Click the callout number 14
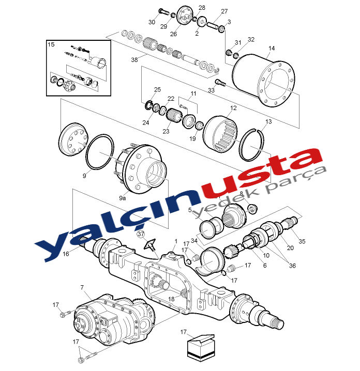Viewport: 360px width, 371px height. [272, 48]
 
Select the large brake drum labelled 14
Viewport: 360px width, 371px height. [264, 80]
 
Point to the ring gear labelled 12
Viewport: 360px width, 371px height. [220, 134]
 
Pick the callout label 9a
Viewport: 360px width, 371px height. [123, 198]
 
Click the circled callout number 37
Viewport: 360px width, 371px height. [141, 234]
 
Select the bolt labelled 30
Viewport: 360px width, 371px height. [163, 11]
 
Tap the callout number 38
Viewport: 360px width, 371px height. [134, 60]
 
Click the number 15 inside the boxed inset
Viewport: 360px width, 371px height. [51, 44]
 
